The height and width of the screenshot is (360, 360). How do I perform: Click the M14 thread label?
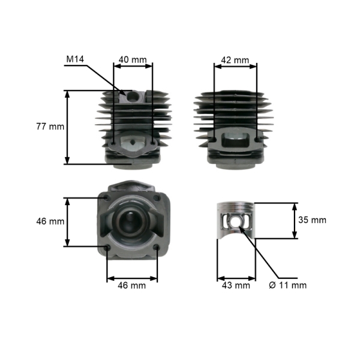(75, 59)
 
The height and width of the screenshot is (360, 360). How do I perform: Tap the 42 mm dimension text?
(235, 60)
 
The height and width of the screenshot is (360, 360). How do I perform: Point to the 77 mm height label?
(50, 127)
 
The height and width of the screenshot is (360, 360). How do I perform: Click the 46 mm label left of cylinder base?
(50, 221)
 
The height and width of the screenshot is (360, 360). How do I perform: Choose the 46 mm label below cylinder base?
(132, 286)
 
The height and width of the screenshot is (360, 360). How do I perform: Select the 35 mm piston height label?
(312, 220)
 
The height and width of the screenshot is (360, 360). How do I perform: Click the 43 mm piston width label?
(235, 285)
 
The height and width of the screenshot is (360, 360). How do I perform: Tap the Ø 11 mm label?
(288, 285)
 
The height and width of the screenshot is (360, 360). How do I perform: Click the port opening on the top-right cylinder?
(235, 141)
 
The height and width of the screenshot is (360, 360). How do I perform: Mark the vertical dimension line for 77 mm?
(67, 127)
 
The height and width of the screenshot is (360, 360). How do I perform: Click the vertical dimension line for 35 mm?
(294, 220)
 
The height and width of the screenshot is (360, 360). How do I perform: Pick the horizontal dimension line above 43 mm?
(235, 278)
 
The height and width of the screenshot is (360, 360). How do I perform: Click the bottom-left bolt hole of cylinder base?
(107, 247)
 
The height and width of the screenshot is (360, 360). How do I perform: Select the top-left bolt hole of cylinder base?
(107, 197)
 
